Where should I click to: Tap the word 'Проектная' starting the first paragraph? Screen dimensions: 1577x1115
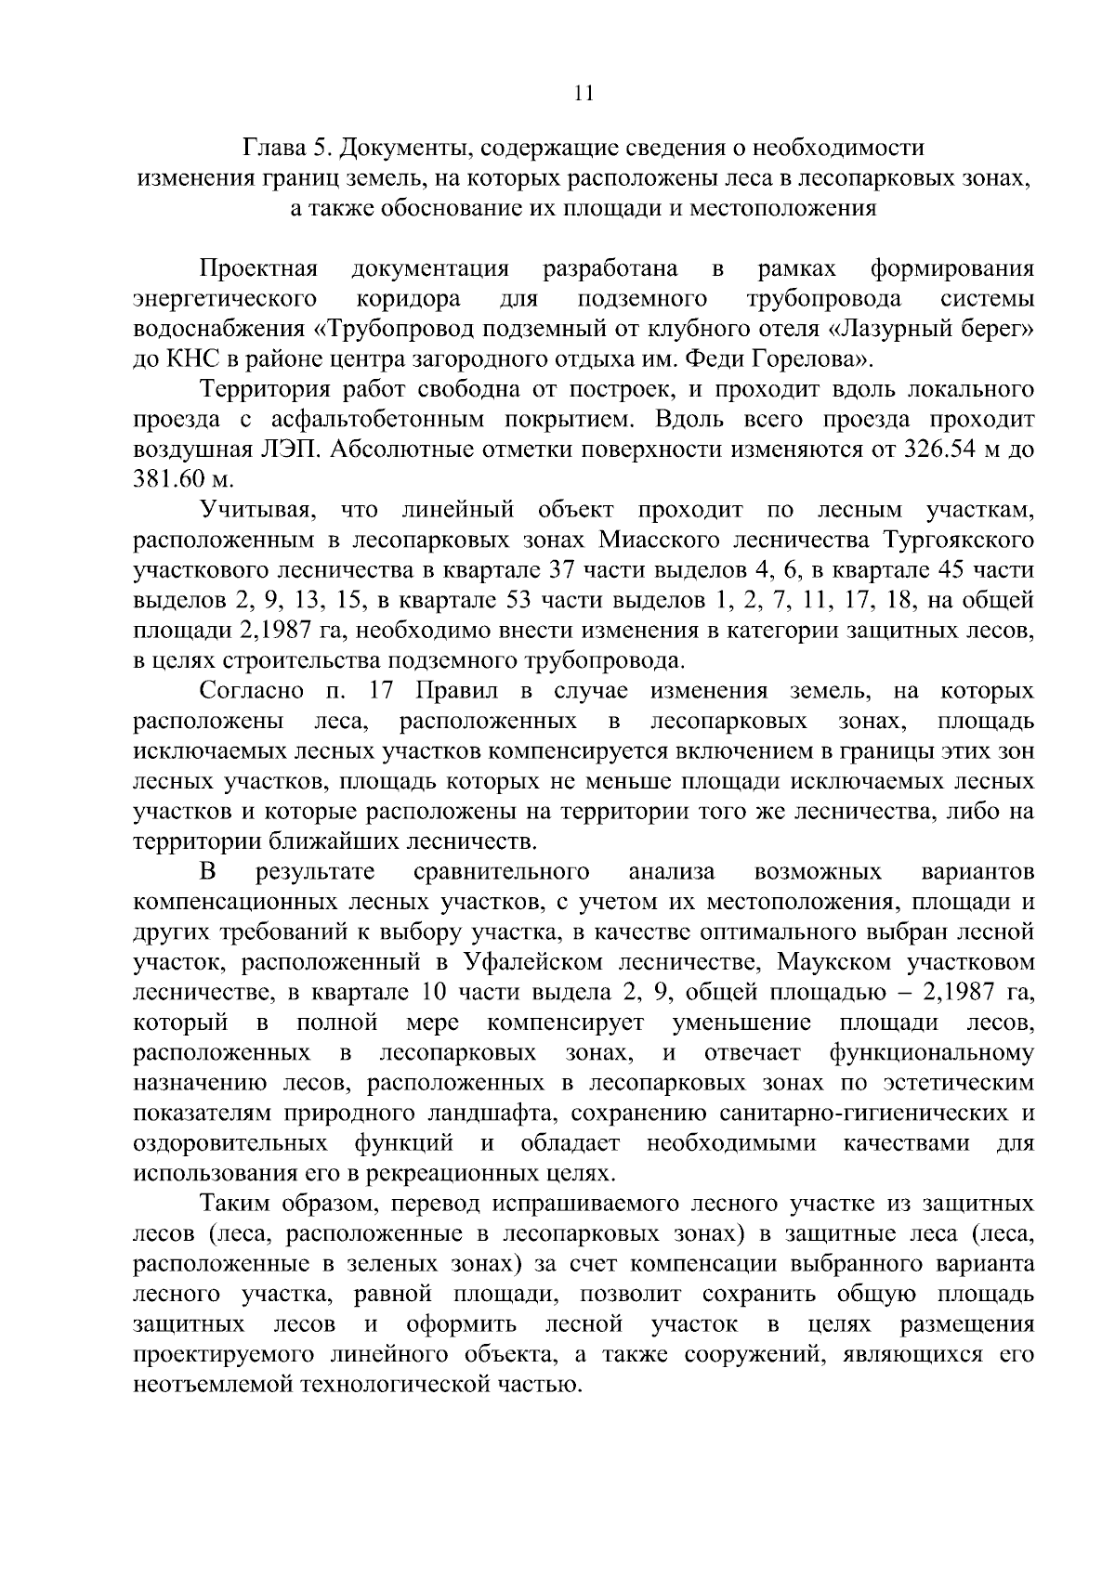(259, 269)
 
